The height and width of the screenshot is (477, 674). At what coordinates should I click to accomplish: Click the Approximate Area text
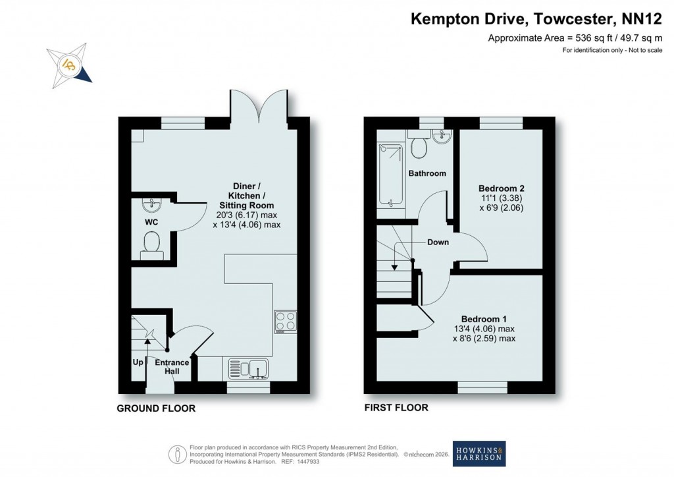coord(574,38)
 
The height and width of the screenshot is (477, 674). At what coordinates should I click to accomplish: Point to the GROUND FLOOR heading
coord(156,408)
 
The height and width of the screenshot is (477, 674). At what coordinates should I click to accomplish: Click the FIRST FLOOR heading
coord(396,408)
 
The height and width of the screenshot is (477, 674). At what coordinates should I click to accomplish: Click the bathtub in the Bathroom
coord(390,175)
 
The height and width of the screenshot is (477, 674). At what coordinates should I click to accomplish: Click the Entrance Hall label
coord(172,367)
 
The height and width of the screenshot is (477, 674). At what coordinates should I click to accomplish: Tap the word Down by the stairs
coord(438,242)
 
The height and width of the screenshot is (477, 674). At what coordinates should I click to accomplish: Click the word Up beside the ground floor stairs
coord(138,362)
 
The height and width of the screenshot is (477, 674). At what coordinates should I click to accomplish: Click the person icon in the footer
coord(176,454)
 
